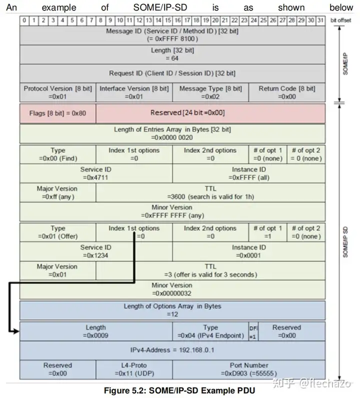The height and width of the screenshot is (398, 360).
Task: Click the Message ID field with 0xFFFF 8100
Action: (x=172, y=34)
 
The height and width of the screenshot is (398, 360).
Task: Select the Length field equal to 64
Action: (x=172, y=54)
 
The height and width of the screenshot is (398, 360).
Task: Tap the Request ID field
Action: (x=172, y=73)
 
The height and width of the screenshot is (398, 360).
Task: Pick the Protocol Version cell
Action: (x=57, y=92)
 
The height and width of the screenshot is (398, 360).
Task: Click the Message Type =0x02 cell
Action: (x=210, y=92)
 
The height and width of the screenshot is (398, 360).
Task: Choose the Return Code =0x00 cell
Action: (x=286, y=92)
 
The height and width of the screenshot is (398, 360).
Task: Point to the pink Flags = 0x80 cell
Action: (x=57, y=113)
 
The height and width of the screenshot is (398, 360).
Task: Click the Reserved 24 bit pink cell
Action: (x=210, y=113)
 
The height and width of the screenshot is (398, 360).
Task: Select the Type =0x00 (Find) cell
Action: (x=57, y=154)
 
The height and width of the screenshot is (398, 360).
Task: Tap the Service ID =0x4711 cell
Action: (x=95, y=173)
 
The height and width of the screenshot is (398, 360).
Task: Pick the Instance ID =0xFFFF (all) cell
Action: (x=248, y=173)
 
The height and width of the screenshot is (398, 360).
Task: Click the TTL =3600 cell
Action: (x=210, y=192)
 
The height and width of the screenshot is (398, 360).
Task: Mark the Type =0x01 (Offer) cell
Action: (x=57, y=232)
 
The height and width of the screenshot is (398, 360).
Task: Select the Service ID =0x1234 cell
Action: (x=95, y=251)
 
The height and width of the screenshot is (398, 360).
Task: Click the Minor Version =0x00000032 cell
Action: (x=172, y=289)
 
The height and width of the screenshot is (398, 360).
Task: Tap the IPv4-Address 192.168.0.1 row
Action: (x=172, y=350)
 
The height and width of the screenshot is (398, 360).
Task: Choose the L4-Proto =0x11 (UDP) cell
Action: (x=133, y=369)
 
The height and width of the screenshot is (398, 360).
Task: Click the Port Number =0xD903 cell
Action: (x=248, y=369)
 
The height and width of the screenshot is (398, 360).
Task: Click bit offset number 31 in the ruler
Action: (x=320, y=20)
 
